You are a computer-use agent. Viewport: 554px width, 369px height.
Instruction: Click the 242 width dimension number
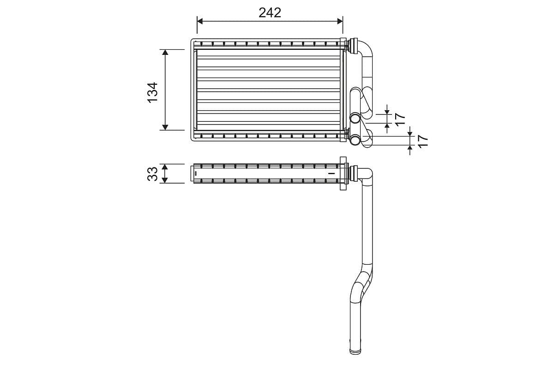tap(270, 12)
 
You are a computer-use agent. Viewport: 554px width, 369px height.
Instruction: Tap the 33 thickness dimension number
tap(153, 173)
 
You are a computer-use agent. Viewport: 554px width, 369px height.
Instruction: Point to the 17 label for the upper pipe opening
tap(400, 119)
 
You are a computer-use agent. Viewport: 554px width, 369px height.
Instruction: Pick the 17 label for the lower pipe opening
tap(422, 141)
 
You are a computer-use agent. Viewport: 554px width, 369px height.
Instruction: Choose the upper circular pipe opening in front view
tap(355, 118)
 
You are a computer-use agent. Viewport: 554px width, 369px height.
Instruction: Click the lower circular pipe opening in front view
tap(355, 140)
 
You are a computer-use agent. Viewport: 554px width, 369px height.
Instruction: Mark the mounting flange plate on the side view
tap(343, 173)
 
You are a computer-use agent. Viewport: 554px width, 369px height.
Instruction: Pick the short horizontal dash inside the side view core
tap(330, 173)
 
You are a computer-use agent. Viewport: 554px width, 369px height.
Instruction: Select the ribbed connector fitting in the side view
tap(354, 173)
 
